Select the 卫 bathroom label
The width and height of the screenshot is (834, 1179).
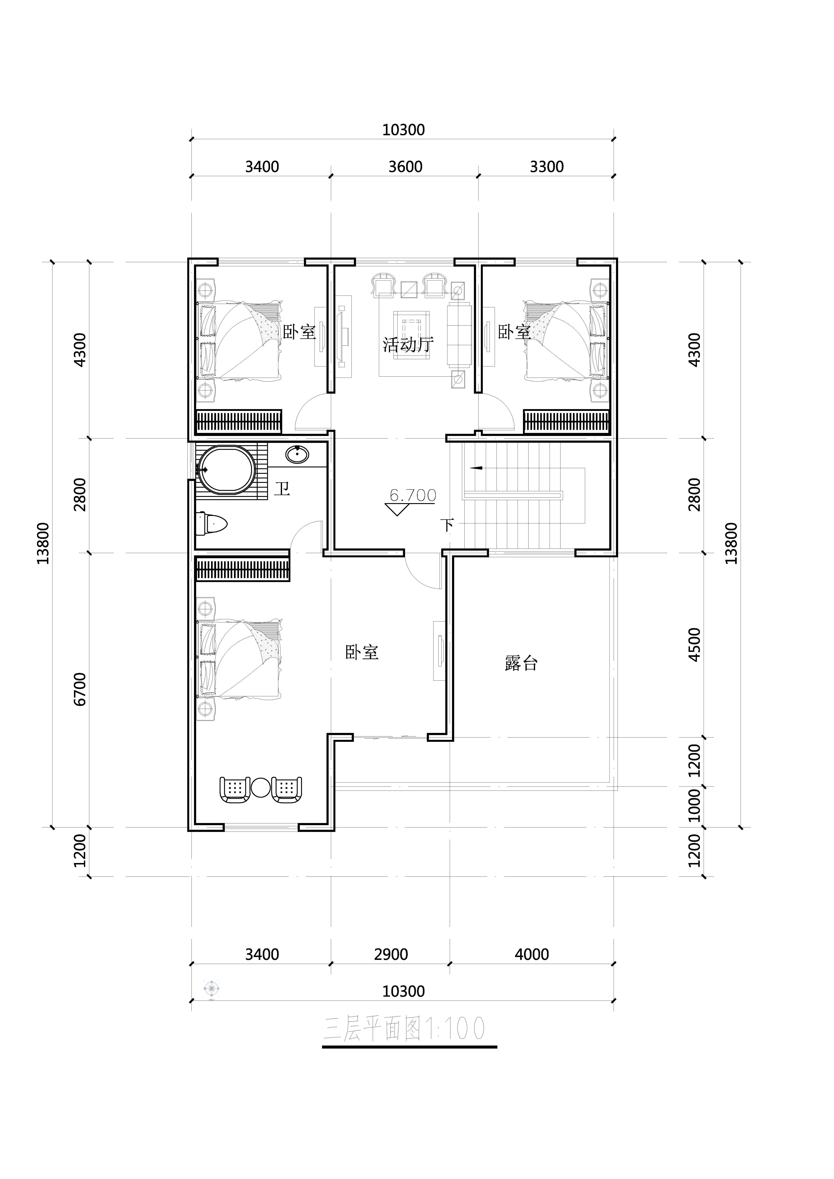(282, 488)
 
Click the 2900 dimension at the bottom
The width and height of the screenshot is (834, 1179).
(391, 954)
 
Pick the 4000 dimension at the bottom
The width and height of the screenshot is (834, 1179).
(532, 954)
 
